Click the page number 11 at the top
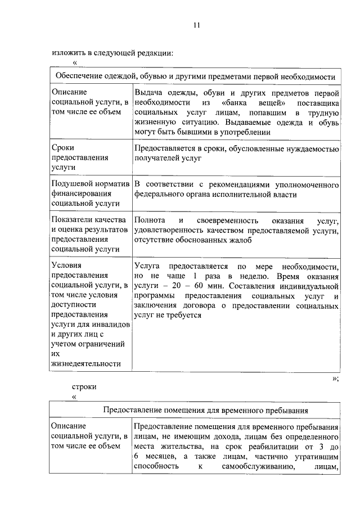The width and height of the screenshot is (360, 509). click(196, 25)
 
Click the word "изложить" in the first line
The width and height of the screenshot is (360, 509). click(67, 53)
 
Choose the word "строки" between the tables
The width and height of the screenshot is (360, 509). click(84, 386)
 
